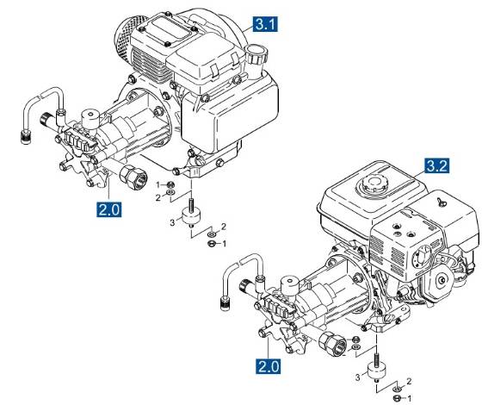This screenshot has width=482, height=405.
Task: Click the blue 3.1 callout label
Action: pos(263,24)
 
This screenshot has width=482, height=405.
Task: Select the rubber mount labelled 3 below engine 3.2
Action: pos(374,370)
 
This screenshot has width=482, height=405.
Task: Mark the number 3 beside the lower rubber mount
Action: pos(358,377)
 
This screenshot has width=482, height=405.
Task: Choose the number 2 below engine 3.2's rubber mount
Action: pos(408,380)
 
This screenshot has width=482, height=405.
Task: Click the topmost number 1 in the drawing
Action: pos(158,184)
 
